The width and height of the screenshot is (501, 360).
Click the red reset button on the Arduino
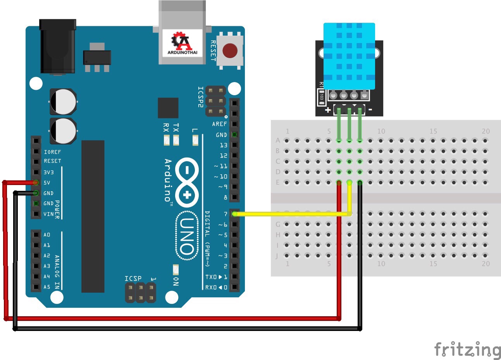(x=230, y=51)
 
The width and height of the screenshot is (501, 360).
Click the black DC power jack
(x=57, y=46)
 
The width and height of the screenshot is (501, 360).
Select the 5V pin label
(x=47, y=183)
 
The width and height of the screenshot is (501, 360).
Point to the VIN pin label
(x=48, y=214)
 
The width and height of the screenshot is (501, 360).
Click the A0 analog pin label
(x=47, y=235)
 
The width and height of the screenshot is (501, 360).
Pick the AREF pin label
(x=219, y=124)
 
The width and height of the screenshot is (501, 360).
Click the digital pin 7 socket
(x=234, y=214)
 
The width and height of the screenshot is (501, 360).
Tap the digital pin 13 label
(x=224, y=145)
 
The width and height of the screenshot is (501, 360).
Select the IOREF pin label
(x=52, y=152)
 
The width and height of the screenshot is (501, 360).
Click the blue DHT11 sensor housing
(x=349, y=56)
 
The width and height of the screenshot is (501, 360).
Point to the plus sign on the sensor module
(x=328, y=110)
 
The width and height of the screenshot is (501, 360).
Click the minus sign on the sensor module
(x=370, y=110)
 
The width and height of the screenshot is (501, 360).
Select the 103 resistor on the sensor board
(x=322, y=97)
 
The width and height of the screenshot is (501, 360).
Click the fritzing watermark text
(x=467, y=350)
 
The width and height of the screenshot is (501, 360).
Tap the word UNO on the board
(x=187, y=236)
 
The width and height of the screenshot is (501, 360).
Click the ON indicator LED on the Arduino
(x=176, y=269)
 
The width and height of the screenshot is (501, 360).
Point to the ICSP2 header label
(x=201, y=97)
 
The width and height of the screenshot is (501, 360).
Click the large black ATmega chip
(x=93, y=216)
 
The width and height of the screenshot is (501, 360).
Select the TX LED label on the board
(x=176, y=127)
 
